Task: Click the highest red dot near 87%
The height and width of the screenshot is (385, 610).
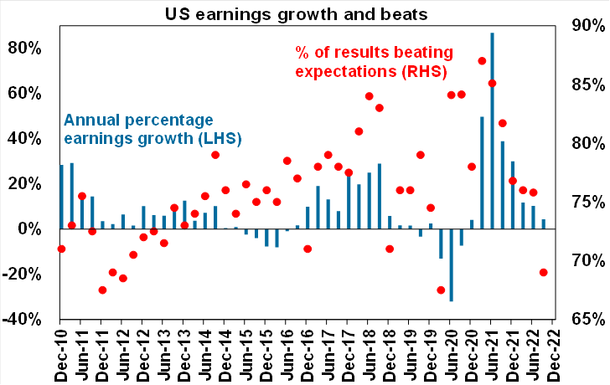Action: tap(482, 61)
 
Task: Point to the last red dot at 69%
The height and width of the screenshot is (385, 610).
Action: tap(544, 272)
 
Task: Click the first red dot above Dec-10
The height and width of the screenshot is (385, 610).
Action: tap(61, 249)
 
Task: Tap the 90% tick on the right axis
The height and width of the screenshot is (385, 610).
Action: tap(583, 26)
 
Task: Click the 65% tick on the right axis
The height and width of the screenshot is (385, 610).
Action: tap(583, 319)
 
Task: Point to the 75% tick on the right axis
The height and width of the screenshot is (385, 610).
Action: tap(583, 202)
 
